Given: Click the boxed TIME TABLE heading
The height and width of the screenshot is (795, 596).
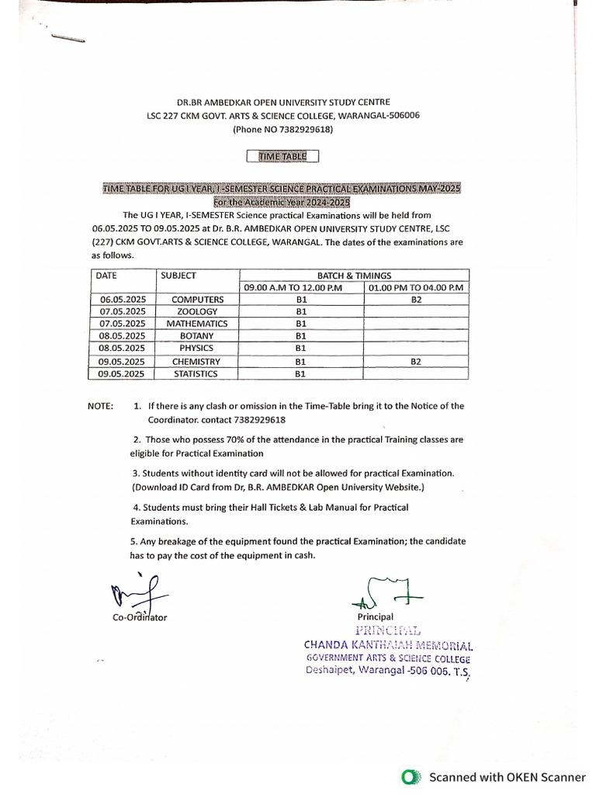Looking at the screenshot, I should click(x=282, y=156).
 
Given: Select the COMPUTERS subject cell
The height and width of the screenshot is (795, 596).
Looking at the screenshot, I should click(x=197, y=300).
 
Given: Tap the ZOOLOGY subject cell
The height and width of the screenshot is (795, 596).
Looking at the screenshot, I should click(x=197, y=311).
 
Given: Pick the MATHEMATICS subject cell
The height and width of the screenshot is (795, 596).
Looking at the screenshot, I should click(x=197, y=324).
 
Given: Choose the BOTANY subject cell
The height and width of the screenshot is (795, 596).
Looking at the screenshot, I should click(x=197, y=336).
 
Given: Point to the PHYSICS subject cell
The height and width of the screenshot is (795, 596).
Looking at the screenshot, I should click(x=197, y=349).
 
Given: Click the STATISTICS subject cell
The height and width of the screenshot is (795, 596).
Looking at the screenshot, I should click(x=197, y=373).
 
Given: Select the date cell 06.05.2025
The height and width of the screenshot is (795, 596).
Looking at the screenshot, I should click(x=123, y=300).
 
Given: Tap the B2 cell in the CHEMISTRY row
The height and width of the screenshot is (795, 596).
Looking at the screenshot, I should click(x=416, y=361).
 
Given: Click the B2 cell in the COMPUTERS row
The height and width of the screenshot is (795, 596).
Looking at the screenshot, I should click(x=416, y=300).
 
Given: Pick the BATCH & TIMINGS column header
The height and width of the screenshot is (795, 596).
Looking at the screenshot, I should click(x=354, y=276).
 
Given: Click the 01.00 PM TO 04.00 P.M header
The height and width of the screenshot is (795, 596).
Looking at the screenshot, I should click(x=416, y=288).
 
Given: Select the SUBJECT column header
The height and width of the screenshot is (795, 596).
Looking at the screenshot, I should click(x=178, y=276).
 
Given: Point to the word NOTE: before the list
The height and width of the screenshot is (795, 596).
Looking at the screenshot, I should click(x=100, y=406).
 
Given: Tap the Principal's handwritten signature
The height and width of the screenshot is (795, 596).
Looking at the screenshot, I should click(x=386, y=592).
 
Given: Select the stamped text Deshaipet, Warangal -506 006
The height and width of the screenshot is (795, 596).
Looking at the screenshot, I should click(x=386, y=672).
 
